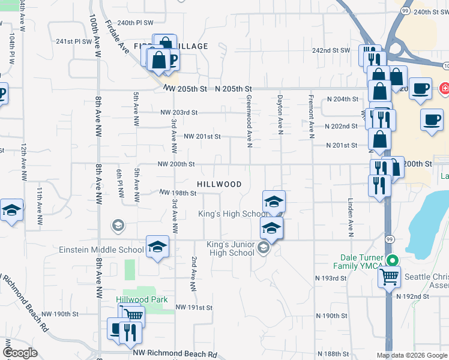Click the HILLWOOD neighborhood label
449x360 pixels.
(220, 184)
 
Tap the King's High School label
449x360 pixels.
(235, 214)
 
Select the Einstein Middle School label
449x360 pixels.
(101, 250)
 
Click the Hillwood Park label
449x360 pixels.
(142, 299)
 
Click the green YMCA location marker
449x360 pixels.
(392, 260)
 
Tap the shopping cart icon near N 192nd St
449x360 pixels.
(388, 277)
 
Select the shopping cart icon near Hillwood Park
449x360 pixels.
(133, 315)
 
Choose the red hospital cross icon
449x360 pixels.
(444, 88)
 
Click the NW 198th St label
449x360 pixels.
(178, 193)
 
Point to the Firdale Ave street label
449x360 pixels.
(116, 38)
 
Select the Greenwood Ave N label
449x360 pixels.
(249, 118)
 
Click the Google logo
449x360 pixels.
(20, 353)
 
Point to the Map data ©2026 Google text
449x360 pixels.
(412, 355)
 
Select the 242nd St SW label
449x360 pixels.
(331, 50)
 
